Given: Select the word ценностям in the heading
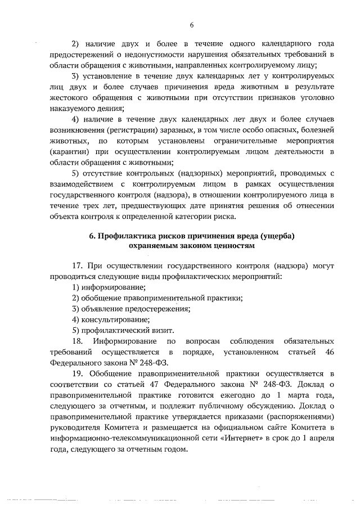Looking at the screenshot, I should click(x=232, y=246).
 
